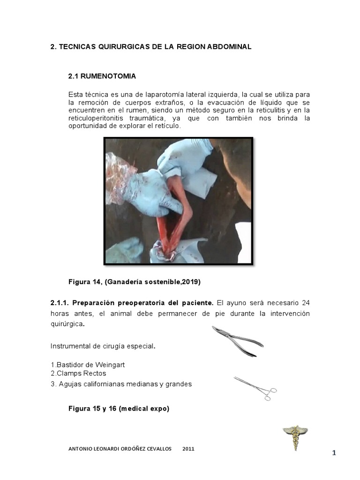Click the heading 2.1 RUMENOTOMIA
(102, 76)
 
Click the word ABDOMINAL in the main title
(228, 47)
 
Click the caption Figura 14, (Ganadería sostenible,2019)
(135, 282)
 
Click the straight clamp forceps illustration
(255, 388)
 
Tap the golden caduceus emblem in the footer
(295, 437)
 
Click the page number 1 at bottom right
(334, 453)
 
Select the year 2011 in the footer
(188, 449)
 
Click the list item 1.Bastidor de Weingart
(88, 365)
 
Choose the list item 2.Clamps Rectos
(78, 374)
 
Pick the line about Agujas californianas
(121, 384)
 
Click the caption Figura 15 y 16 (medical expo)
(119, 409)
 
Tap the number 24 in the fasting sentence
(305, 303)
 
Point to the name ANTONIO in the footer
(81, 449)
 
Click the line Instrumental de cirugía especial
(103, 346)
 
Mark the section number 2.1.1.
(60, 303)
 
